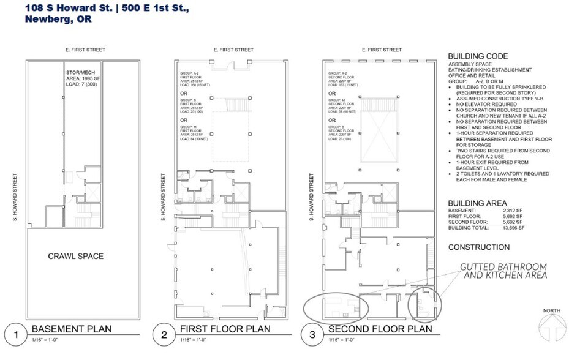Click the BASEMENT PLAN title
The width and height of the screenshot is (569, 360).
pos(72,329)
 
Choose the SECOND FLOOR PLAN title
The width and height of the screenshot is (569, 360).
pos(380,329)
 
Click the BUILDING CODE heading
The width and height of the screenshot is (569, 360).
pos(478,55)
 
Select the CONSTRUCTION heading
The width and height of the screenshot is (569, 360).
pos(479,247)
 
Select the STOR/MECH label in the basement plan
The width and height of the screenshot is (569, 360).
pos(78,73)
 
